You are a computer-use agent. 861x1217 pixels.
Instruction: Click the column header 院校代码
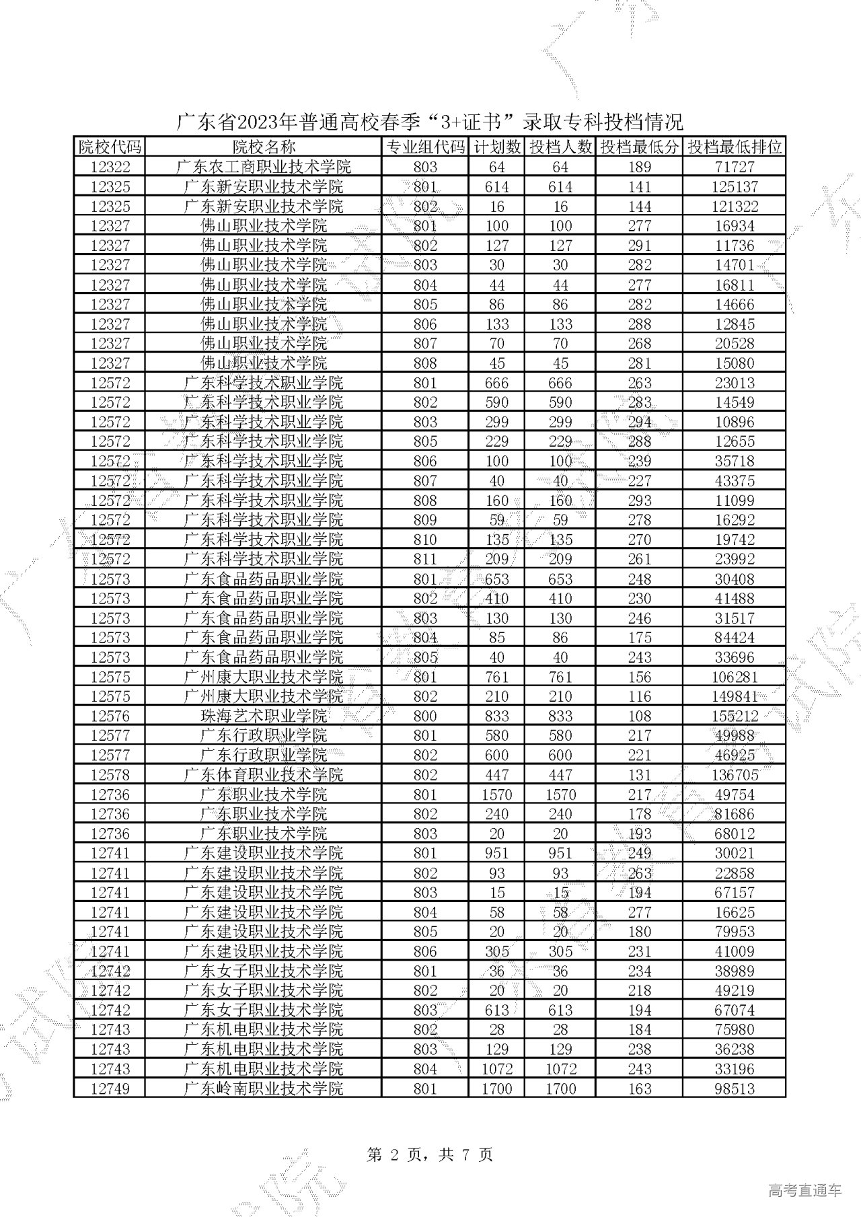(x=110, y=147)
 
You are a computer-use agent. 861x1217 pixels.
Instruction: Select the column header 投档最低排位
(x=735, y=147)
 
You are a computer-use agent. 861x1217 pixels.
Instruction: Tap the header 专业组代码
(x=425, y=147)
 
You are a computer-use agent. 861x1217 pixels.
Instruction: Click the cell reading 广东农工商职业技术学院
(x=264, y=167)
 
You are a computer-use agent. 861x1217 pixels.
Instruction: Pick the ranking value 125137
(x=735, y=186)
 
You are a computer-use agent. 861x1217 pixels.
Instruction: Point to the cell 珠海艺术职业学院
(x=264, y=716)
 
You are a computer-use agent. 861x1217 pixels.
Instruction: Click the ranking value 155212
(x=735, y=716)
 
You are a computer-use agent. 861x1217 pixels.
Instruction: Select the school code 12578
(x=110, y=774)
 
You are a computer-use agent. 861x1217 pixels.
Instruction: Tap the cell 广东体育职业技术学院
(x=264, y=774)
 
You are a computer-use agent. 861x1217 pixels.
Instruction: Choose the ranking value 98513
(x=735, y=1089)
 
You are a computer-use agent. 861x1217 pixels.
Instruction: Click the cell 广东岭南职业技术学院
(x=264, y=1089)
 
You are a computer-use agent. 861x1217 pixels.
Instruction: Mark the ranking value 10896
(x=735, y=422)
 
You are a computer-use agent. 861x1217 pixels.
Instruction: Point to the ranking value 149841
(x=735, y=696)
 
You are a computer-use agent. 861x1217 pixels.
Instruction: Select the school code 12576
(x=110, y=716)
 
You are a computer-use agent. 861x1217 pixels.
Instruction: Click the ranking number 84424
(x=735, y=637)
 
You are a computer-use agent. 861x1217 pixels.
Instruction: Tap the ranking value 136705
(x=735, y=774)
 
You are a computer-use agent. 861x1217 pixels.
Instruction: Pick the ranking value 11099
(x=735, y=500)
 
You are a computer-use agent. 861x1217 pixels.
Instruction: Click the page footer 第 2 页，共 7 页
(x=430, y=1155)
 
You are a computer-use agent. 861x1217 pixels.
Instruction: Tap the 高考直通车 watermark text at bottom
(x=804, y=1191)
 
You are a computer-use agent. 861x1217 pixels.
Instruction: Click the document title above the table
(x=430, y=122)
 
